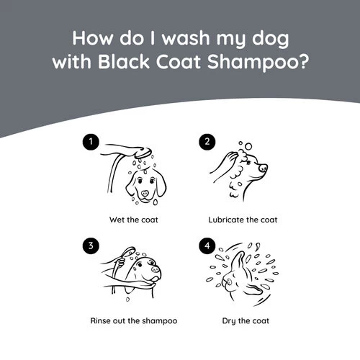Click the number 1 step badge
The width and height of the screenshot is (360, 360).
tap(91, 142)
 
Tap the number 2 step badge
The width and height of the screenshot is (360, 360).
tap(207, 142)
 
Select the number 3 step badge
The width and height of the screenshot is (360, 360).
tap(91, 246)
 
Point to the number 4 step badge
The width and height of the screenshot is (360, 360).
tap(207, 246)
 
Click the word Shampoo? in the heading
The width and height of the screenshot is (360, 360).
tap(257, 63)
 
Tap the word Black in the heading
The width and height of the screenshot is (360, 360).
tap(124, 62)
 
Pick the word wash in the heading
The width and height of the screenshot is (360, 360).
tap(186, 38)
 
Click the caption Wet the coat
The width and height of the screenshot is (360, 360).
tap(134, 220)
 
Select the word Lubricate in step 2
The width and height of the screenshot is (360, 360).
tap(226, 220)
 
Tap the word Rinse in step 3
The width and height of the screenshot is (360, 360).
tap(100, 320)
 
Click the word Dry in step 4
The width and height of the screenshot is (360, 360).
tap(229, 321)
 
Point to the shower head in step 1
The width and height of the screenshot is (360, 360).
tap(143, 152)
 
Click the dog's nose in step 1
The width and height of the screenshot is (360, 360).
tap(145, 193)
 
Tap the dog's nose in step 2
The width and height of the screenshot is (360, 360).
tap(263, 168)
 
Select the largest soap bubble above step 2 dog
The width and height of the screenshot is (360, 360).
tap(248, 146)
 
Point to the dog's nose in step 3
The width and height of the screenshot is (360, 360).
tap(156, 269)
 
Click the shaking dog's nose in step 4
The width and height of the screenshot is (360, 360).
tap(229, 282)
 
